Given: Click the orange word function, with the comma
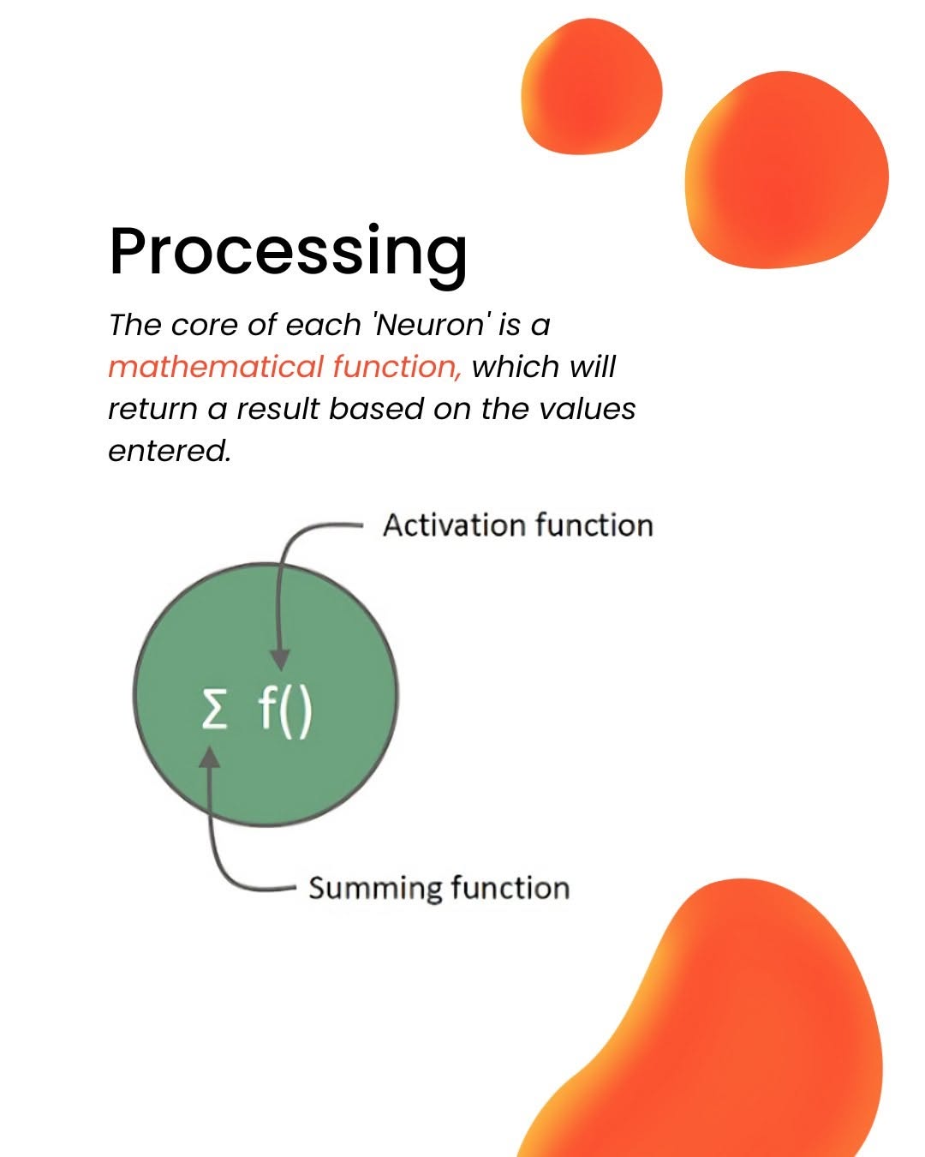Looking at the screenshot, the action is (397, 367).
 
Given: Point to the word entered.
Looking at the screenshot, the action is (170, 451).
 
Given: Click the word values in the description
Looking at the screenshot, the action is (587, 409).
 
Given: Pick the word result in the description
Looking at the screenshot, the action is (277, 409).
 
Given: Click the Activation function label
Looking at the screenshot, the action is (517, 525).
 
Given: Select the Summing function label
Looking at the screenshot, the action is (439, 888).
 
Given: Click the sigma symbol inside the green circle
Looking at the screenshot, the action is (214, 708).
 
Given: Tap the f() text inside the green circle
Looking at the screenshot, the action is (284, 710).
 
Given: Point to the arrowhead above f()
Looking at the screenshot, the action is (280, 660).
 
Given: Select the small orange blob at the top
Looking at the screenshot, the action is (591, 87).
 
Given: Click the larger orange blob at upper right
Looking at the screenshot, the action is (786, 170).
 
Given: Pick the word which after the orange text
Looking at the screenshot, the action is (515, 367).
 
